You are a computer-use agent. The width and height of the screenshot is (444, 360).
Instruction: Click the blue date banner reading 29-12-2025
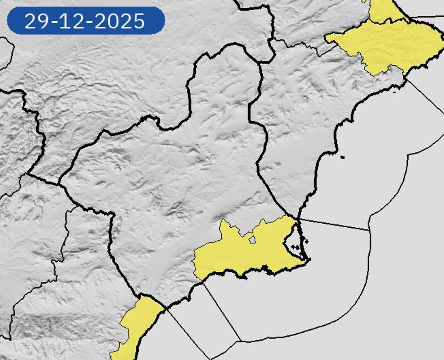(86, 21)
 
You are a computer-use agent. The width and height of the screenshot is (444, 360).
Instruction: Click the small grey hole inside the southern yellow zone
(252, 240)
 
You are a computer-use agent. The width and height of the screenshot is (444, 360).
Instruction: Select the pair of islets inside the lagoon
(295, 246)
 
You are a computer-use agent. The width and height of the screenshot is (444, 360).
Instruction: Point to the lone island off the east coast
(342, 157)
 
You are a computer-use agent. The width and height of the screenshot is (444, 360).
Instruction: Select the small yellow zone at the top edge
(385, 11)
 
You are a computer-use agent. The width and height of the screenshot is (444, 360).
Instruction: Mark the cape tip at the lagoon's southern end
(308, 260)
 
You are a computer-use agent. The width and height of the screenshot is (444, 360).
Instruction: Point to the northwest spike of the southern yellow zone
(223, 221)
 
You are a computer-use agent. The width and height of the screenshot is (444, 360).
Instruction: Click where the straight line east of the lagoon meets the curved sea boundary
(369, 230)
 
